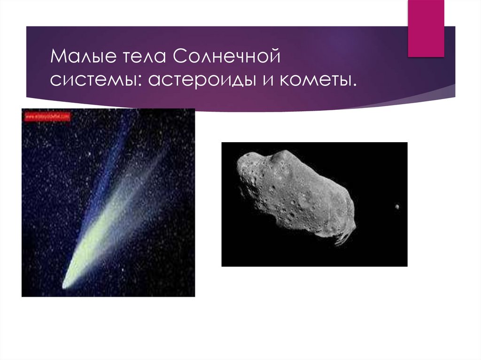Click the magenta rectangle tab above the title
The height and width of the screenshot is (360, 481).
[426, 28]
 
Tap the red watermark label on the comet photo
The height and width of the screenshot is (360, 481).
[47, 115]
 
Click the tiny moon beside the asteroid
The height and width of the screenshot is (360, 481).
[397, 207]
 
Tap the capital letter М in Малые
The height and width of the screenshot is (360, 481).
[59, 58]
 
